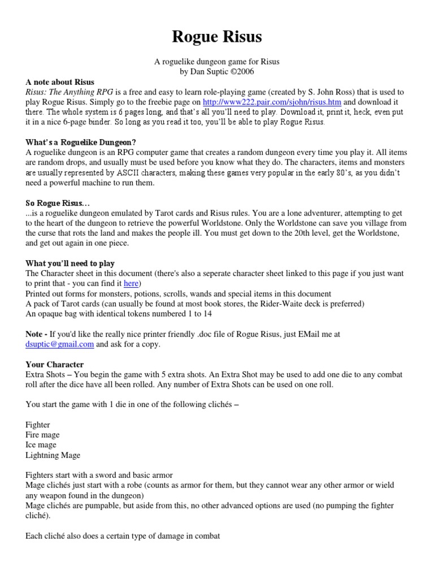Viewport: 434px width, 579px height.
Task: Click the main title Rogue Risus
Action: (x=217, y=36)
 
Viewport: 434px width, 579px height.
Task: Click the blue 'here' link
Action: (x=131, y=283)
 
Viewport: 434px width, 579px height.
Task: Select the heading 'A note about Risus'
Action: (x=60, y=82)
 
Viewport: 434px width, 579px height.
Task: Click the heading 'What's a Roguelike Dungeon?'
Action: (x=81, y=142)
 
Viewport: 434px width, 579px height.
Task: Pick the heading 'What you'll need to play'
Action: (x=70, y=263)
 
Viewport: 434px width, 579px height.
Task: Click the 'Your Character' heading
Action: (x=54, y=364)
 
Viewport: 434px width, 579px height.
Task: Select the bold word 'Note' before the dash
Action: (x=34, y=334)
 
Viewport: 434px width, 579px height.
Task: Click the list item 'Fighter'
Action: (x=38, y=425)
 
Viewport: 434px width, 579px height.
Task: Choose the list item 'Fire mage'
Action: (x=42, y=435)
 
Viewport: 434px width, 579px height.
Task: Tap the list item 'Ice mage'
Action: (x=41, y=445)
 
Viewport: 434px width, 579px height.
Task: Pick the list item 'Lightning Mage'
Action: (x=53, y=455)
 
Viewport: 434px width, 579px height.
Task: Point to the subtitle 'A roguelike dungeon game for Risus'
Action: (x=217, y=62)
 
